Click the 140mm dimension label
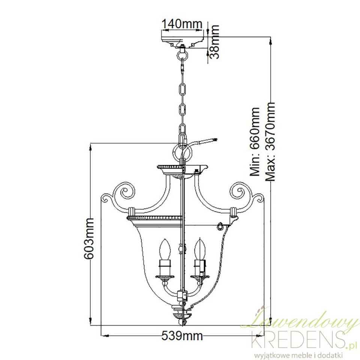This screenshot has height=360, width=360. [x=182, y=24]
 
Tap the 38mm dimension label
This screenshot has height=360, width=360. [x=214, y=42]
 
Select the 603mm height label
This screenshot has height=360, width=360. [x=88, y=238]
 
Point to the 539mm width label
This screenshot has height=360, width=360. [x=182, y=336]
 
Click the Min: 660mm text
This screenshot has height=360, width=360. [x=255, y=142]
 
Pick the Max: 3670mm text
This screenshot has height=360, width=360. [x=270, y=142]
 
